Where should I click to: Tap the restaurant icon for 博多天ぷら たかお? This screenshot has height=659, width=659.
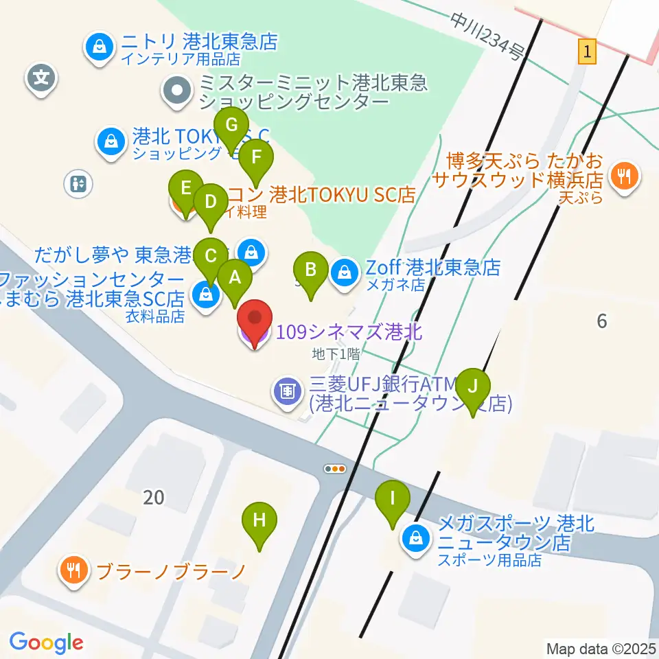tap(624, 176)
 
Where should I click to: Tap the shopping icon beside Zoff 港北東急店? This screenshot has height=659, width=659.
tap(342, 273)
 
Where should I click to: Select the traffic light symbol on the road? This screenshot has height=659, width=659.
tap(335, 469)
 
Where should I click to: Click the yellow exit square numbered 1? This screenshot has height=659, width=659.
tap(586, 51)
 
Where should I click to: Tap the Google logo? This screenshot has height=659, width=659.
tap(46, 643)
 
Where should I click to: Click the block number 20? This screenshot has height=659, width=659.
tap(154, 497)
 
